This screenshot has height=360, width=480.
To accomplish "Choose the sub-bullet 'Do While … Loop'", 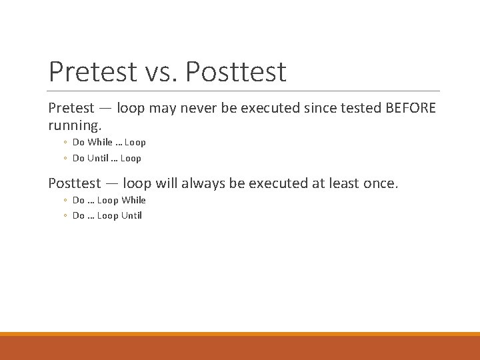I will (109, 142).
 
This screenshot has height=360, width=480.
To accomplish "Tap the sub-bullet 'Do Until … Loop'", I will (107, 158).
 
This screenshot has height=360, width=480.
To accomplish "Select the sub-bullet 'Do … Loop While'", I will (109, 200).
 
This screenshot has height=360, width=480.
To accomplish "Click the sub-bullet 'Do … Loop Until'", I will (107, 215).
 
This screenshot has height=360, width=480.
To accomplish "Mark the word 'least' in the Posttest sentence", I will (342, 183).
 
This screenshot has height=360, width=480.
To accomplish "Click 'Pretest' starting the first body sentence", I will (71, 108).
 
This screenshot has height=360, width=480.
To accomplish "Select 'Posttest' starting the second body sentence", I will (75, 183).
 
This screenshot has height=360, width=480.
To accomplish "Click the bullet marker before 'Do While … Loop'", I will (65, 143).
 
